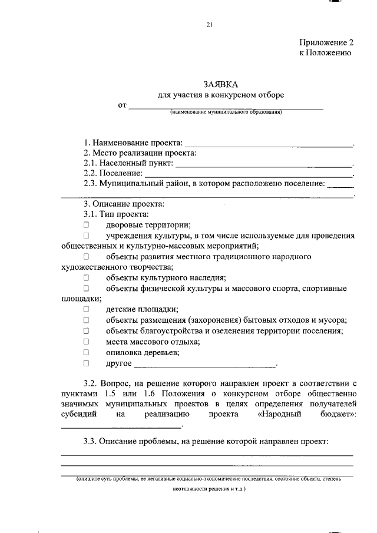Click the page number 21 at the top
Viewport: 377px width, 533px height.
[209, 24]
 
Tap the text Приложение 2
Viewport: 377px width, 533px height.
[326, 43]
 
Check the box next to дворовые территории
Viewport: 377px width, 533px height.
[86, 225]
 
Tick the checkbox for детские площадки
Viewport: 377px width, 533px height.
[86, 309]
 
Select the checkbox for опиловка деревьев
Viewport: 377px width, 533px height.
[86, 352]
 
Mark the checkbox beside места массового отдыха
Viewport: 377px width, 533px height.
[86, 342]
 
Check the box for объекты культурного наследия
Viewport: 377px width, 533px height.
[86, 277]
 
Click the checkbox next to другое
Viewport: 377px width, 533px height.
[86, 363]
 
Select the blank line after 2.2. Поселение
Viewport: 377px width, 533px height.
[248, 174]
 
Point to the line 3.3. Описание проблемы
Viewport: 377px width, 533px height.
[206, 441]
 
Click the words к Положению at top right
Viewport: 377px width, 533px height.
[326, 53]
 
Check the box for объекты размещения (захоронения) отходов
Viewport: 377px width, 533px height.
[86, 320]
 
